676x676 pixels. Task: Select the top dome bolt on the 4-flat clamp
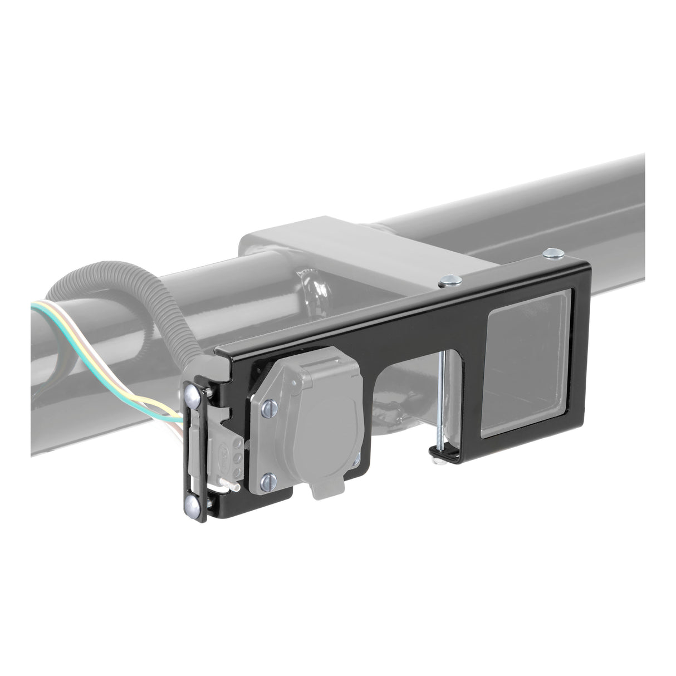(x=190, y=396)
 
